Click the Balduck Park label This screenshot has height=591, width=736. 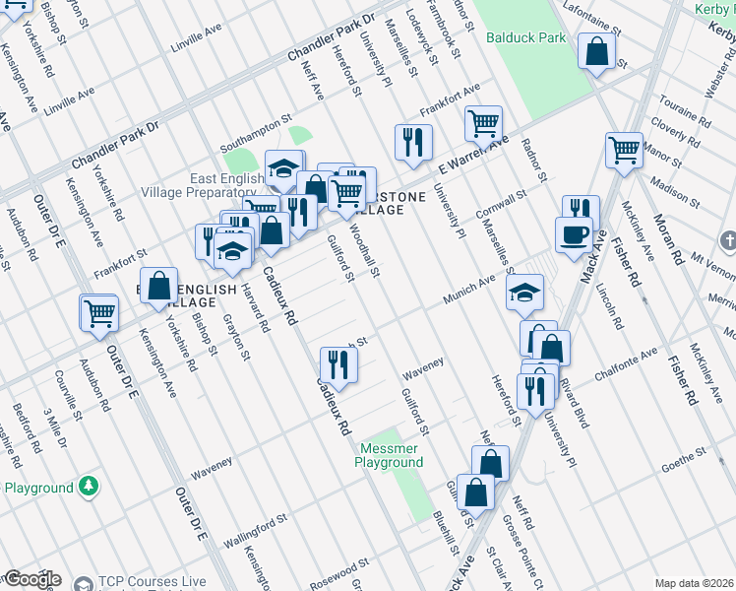click(x=525, y=38)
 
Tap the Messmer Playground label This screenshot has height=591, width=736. click(x=388, y=455)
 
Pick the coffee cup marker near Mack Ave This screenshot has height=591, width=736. click(x=575, y=233)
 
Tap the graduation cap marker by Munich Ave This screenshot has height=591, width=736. click(x=525, y=291)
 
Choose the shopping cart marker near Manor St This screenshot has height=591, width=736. click(x=624, y=150)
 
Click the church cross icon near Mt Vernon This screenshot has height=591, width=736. click(x=728, y=240)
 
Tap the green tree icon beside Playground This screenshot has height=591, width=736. click(x=89, y=487)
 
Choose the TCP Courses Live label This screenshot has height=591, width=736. click(x=152, y=582)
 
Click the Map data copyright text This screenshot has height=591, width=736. click(x=693, y=583)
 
